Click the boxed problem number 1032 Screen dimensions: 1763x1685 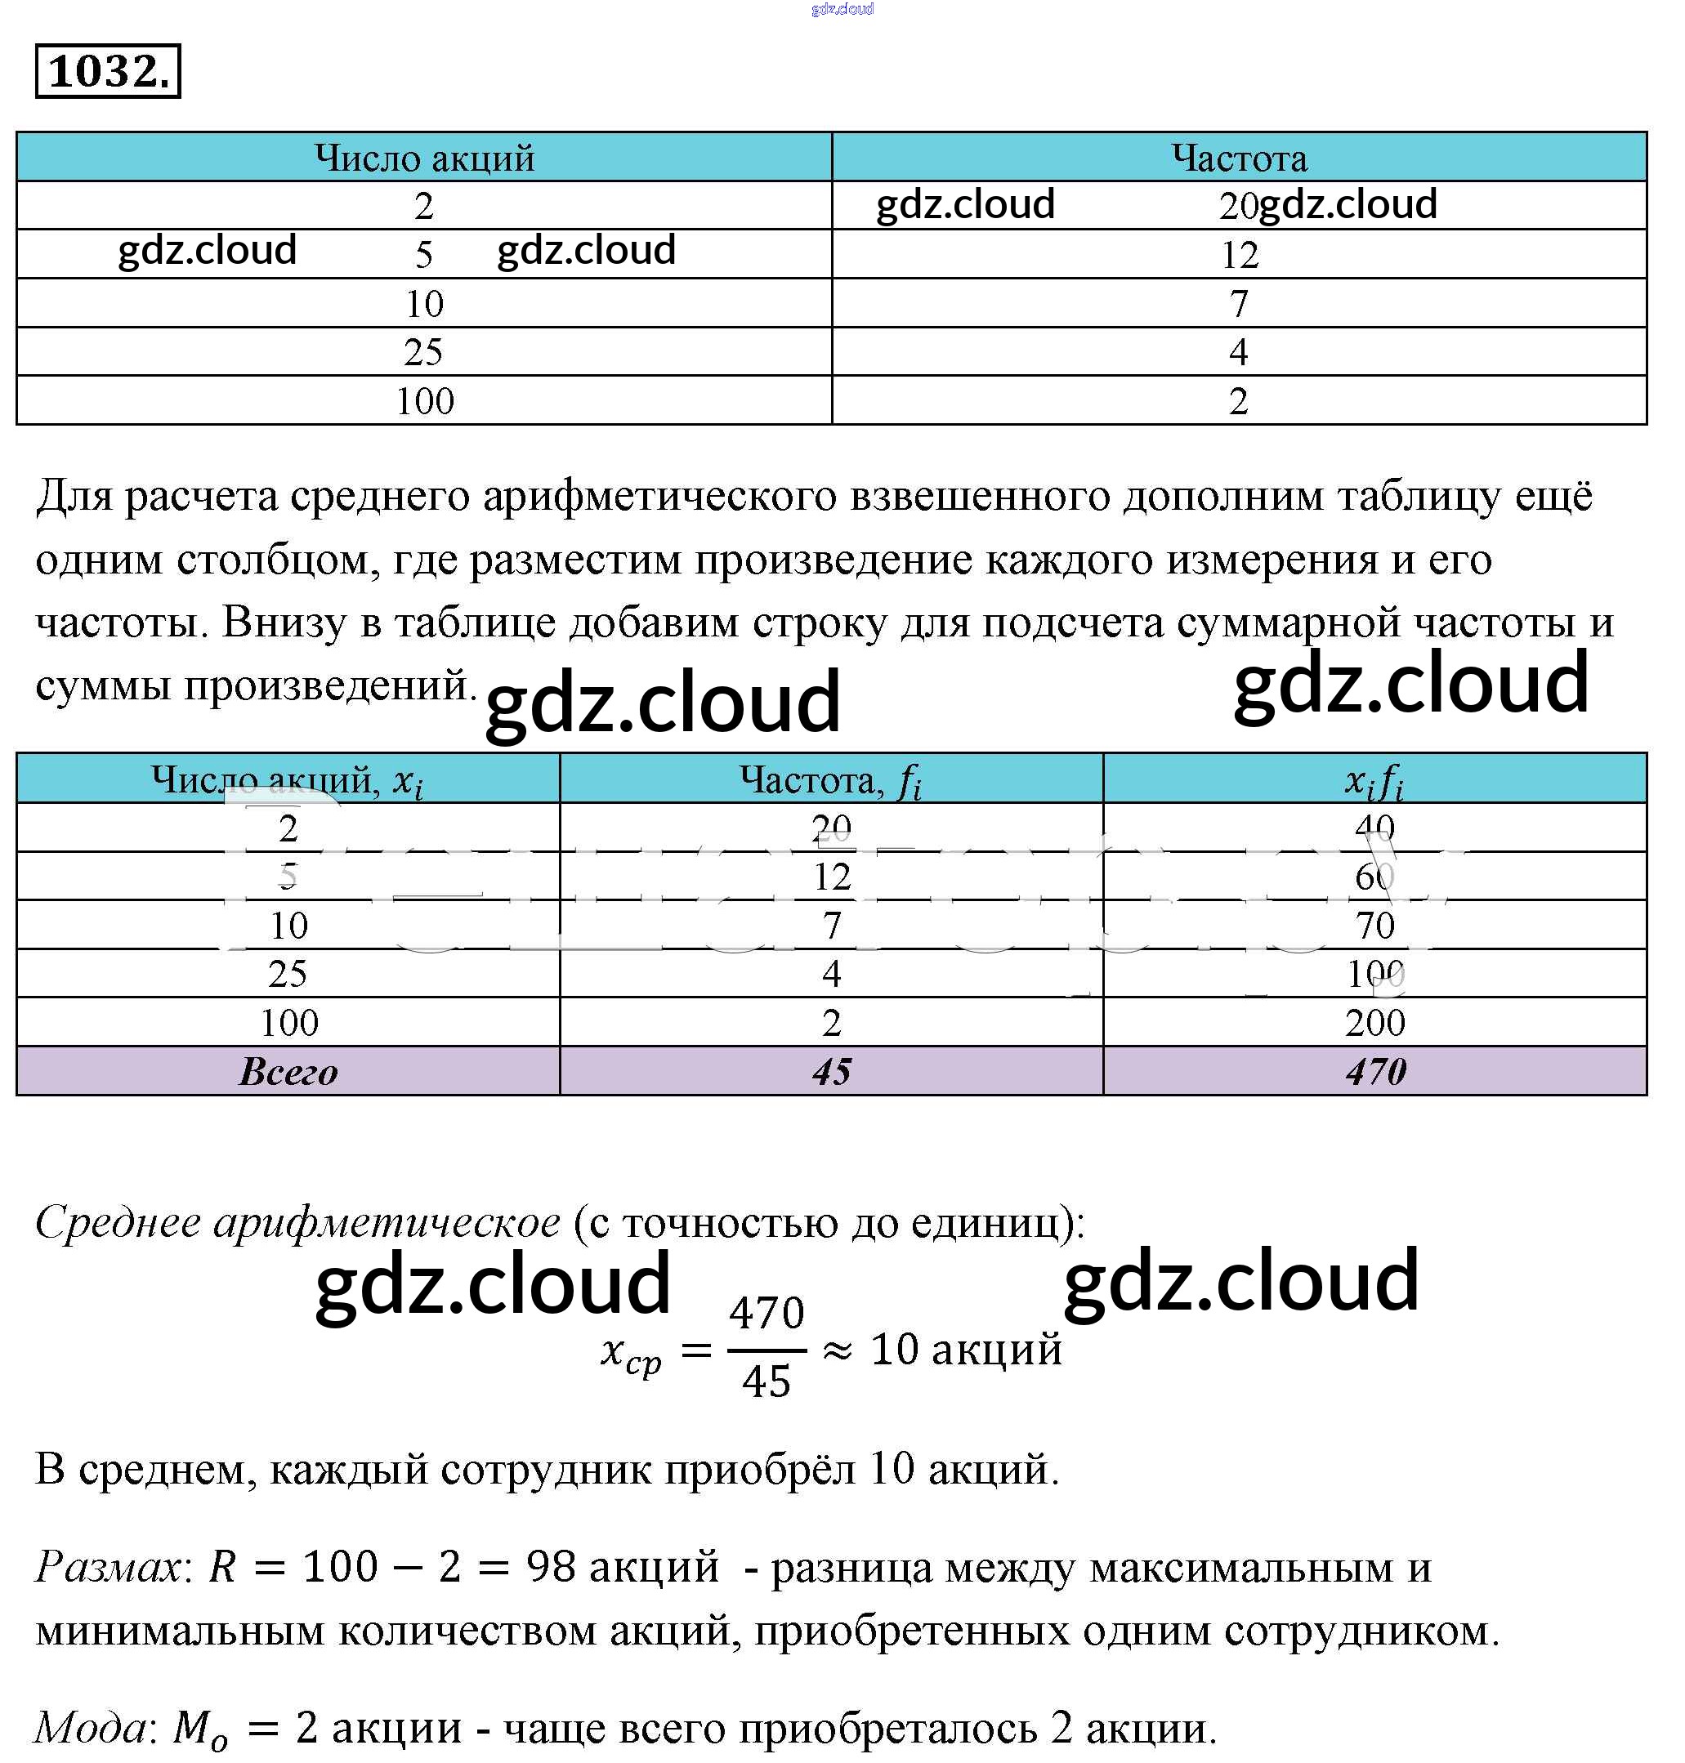pos(108,71)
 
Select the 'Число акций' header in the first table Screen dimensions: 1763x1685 pos(424,158)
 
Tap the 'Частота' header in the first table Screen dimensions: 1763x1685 pos(1239,158)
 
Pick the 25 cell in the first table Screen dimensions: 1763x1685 pos(423,352)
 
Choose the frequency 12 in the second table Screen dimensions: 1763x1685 pos(832,877)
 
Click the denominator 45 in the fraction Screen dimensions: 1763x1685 pos(767,1381)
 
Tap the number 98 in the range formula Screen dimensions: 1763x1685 pos(551,1567)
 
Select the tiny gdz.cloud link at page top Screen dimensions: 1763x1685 pos(842,9)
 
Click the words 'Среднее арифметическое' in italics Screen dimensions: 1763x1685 pos(297,1222)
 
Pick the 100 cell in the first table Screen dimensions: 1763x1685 pos(425,400)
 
